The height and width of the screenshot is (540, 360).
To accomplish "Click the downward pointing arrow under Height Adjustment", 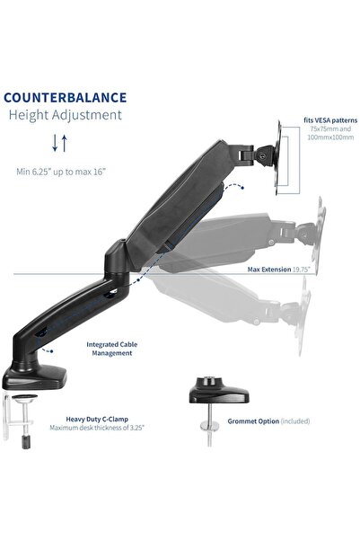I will [x=55, y=142].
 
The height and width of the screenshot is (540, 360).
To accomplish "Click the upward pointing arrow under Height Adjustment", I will [x=65, y=142].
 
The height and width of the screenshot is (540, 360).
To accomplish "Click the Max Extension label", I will [x=271, y=268].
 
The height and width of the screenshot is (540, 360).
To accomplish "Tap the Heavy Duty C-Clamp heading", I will [x=96, y=418].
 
